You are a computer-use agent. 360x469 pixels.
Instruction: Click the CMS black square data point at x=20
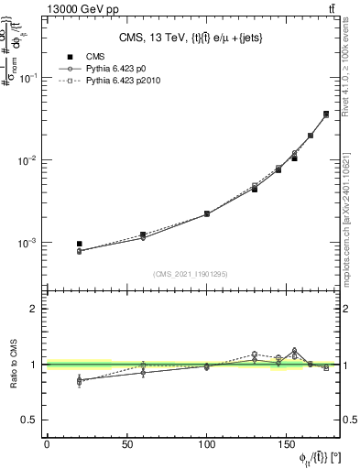pos(79,245)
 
